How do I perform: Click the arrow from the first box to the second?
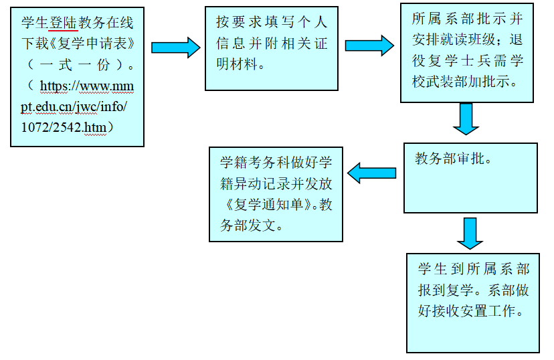click(175, 47)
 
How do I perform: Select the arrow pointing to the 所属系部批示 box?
click(369, 45)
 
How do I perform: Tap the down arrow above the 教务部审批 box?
click(466, 118)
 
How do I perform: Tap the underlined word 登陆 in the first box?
click(64, 23)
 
